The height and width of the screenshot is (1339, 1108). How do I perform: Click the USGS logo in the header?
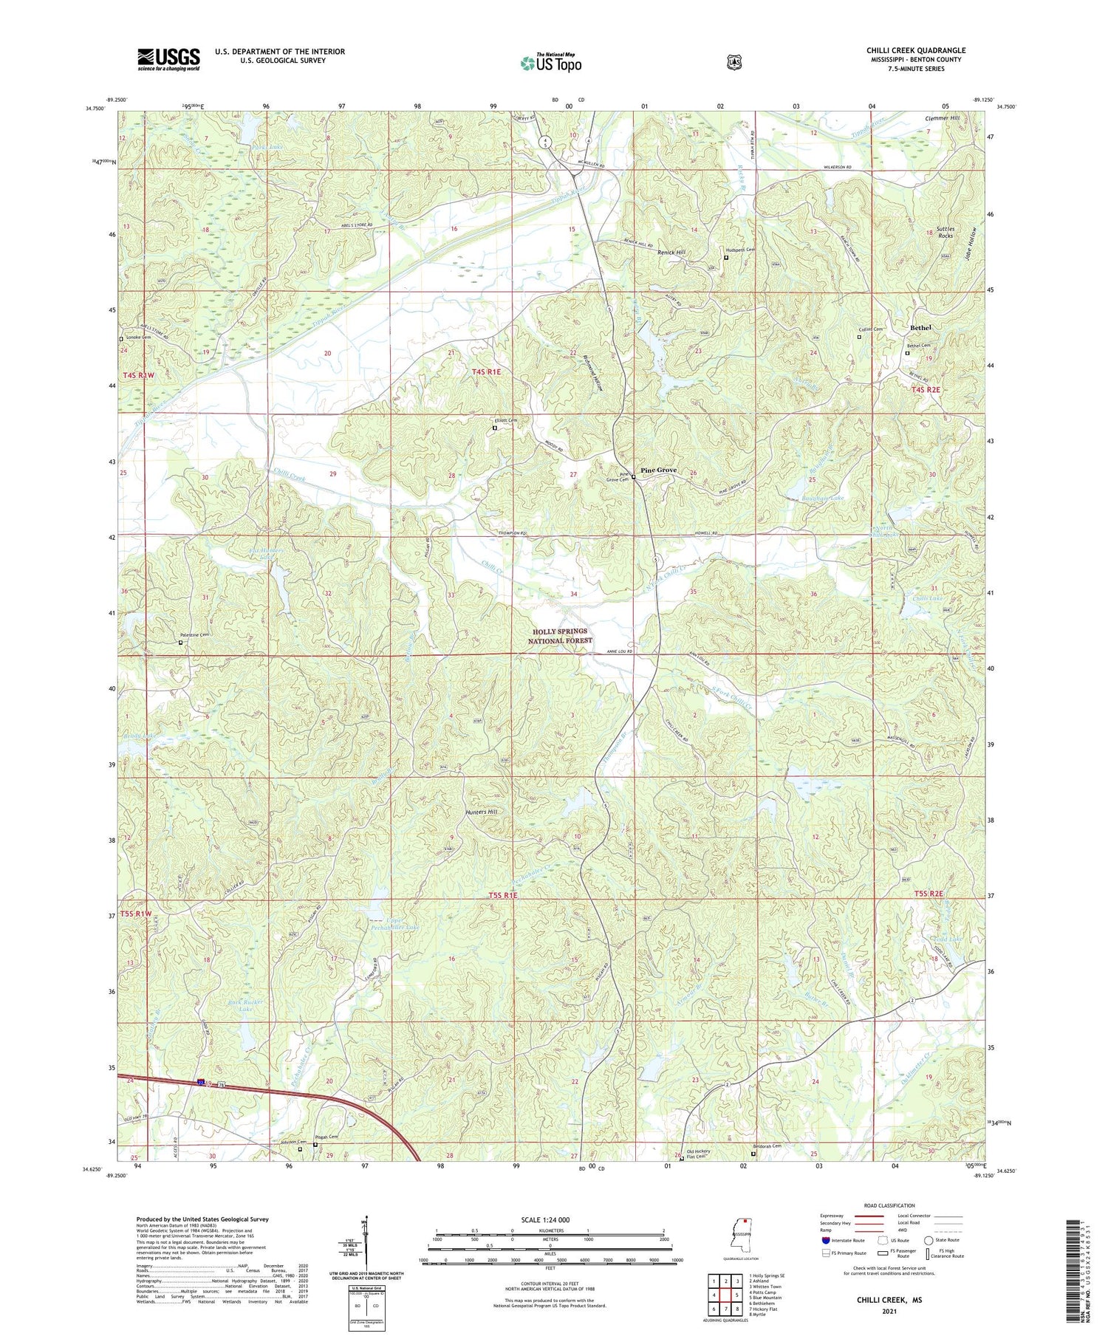[168, 59]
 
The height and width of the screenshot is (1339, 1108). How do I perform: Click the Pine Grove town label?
[658, 470]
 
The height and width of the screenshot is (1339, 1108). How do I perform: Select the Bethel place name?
[920, 327]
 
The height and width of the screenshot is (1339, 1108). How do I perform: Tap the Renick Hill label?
[671, 252]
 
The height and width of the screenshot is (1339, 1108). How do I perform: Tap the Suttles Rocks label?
[945, 232]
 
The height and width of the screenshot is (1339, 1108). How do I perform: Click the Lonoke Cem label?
[137, 338]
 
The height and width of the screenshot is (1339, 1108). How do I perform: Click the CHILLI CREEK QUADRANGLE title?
[916, 50]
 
